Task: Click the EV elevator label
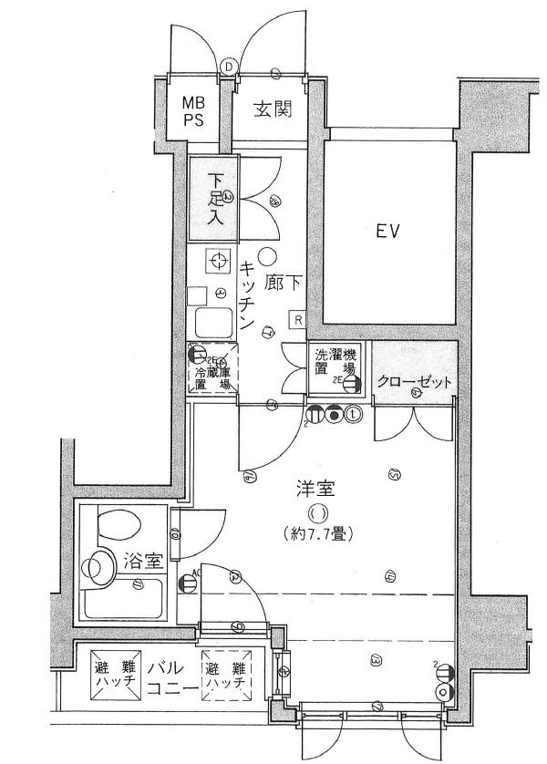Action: pyautogui.click(x=390, y=231)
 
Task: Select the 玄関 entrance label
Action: pyautogui.click(x=271, y=110)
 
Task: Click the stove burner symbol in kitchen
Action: pyautogui.click(x=218, y=263)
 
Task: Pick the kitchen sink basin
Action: pyautogui.click(x=214, y=322)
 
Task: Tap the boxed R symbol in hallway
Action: pyautogui.click(x=297, y=318)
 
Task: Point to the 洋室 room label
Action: pyautogui.click(x=315, y=490)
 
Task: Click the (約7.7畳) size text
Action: pyautogui.click(x=317, y=532)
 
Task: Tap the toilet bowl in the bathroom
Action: pyautogui.click(x=116, y=526)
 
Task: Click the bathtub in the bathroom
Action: pyautogui.click(x=122, y=600)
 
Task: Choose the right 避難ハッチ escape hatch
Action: pyautogui.click(x=225, y=675)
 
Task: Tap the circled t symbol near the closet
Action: pyautogui.click(x=354, y=413)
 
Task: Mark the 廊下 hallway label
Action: pyautogui.click(x=282, y=284)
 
